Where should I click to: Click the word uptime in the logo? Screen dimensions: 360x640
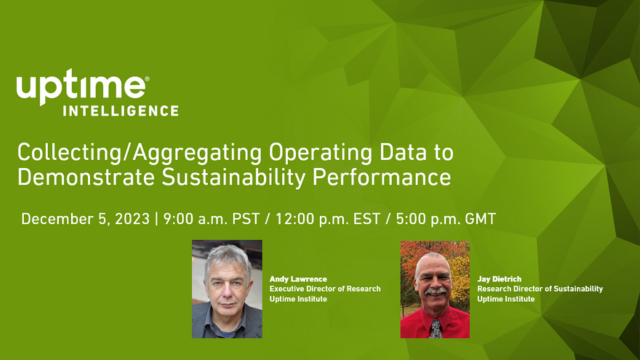(x=80, y=88)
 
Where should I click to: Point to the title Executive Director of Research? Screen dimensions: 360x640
(x=325, y=289)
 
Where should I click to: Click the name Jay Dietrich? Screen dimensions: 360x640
(x=501, y=279)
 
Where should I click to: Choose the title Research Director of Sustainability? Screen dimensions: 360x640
(x=540, y=289)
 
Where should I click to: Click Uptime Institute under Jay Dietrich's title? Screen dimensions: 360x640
(x=506, y=299)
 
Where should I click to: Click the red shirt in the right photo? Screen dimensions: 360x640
(x=418, y=324)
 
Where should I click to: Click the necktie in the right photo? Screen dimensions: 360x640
(x=436, y=327)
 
